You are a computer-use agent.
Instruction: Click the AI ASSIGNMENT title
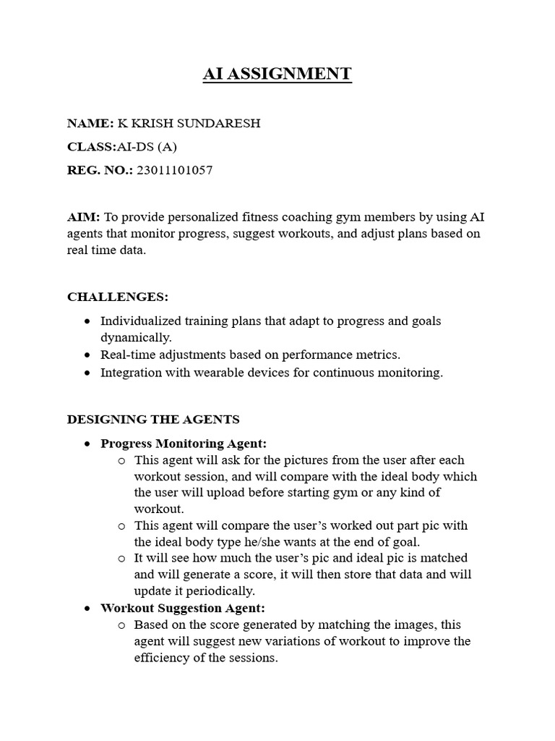(x=277, y=74)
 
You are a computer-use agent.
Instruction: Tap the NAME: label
(x=90, y=123)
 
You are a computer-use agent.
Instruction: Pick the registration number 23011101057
(x=175, y=171)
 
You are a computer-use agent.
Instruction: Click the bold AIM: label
(x=83, y=217)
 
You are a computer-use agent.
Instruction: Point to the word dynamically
(x=136, y=337)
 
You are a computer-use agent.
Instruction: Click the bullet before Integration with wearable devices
(x=87, y=373)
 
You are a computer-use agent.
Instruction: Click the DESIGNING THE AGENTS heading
(x=153, y=420)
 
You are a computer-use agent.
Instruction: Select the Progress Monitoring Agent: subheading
(x=184, y=444)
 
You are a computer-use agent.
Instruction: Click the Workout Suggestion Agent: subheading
(x=183, y=608)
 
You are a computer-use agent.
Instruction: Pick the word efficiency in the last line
(x=164, y=659)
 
